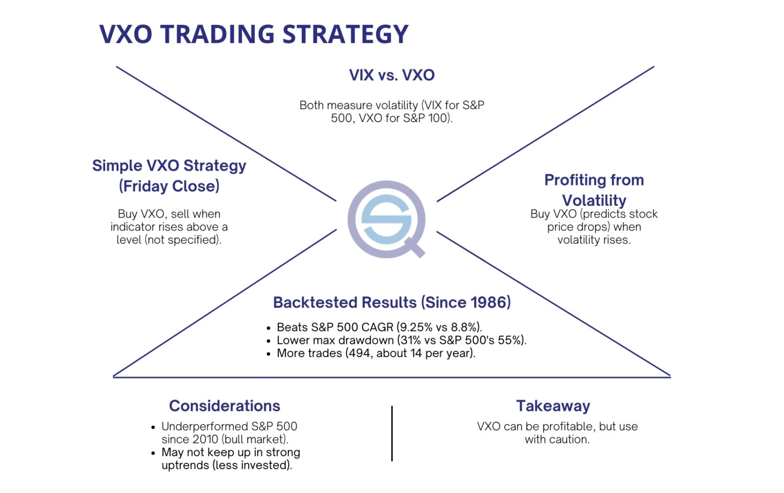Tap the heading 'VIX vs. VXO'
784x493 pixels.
click(x=391, y=75)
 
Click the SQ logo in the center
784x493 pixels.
click(x=386, y=219)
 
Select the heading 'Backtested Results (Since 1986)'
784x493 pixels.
click(x=391, y=302)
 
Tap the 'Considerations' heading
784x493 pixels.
click(x=224, y=406)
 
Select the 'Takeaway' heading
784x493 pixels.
click(x=553, y=406)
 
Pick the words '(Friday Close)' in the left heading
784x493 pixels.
click(x=169, y=186)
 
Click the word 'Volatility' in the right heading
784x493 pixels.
click(x=594, y=200)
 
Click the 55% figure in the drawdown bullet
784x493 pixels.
click(x=510, y=340)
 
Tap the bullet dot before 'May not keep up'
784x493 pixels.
click(x=153, y=453)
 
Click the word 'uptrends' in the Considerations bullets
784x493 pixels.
click(x=185, y=465)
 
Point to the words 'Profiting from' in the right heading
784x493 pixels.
click(x=594, y=180)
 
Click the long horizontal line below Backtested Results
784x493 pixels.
click(x=391, y=377)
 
